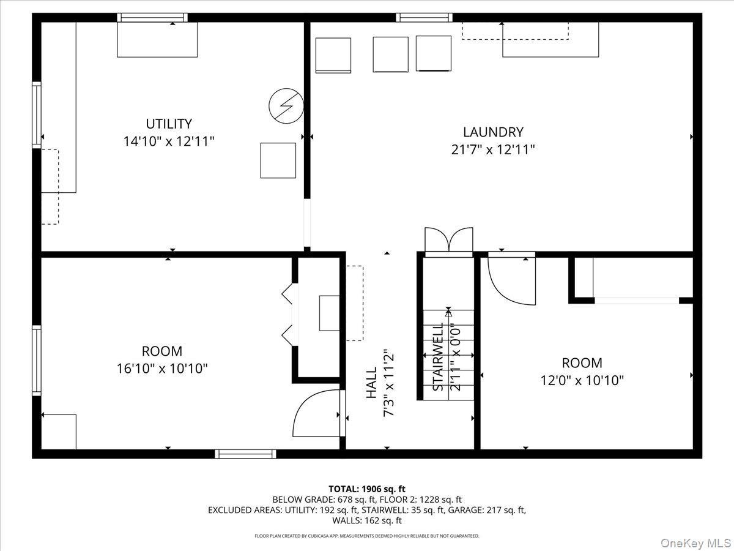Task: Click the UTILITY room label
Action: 169,123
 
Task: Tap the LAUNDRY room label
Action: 493,132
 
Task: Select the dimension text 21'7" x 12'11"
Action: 493,149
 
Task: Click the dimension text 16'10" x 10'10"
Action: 162,369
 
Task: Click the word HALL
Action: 372,383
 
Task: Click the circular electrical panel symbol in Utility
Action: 286,108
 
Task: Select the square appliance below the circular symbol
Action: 278,160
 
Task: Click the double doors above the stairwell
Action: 449,241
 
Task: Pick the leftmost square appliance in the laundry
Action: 333,55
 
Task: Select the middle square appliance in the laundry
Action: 390,54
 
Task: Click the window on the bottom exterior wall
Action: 245,454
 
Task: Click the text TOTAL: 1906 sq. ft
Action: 367,489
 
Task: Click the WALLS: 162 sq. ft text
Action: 367,520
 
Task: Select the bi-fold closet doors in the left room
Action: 287,315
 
